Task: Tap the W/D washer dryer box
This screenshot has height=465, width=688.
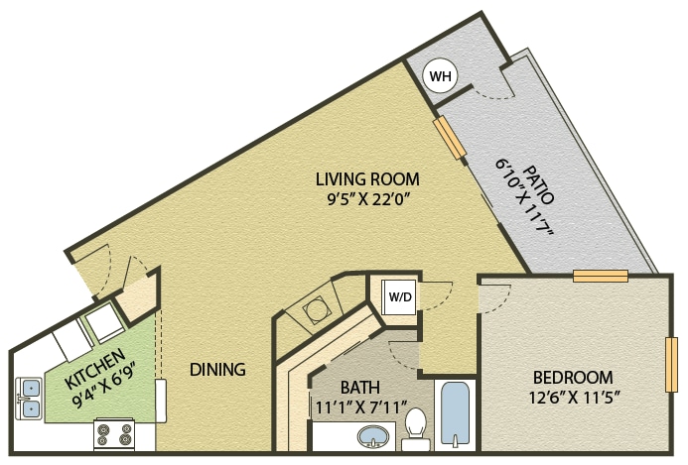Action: click(x=399, y=295)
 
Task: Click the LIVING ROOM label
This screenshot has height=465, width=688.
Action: click(x=367, y=179)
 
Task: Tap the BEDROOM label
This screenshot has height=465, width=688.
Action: click(x=572, y=378)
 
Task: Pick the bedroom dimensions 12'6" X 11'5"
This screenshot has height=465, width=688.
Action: click(x=572, y=397)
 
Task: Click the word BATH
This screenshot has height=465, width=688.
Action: click(x=358, y=386)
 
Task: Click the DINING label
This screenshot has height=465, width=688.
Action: click(x=217, y=370)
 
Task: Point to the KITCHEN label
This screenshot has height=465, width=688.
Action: click(x=96, y=369)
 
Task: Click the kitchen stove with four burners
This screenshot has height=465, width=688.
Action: click(x=113, y=435)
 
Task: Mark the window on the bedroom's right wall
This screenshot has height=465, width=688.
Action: click(x=672, y=365)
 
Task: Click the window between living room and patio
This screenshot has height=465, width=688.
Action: click(x=449, y=140)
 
